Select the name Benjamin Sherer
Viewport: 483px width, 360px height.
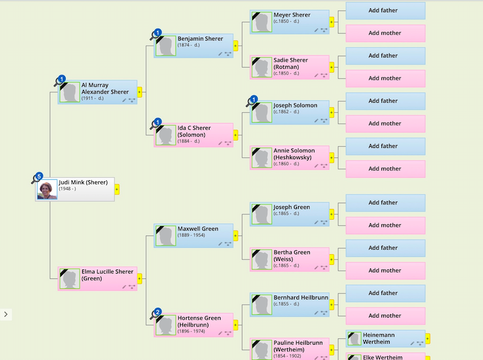tap(200, 39)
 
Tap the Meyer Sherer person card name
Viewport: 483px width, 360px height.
tap(292, 15)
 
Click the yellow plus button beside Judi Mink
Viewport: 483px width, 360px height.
tap(117, 189)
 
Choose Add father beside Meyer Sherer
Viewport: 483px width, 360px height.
tap(385, 11)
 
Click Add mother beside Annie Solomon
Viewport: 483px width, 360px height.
tap(385, 169)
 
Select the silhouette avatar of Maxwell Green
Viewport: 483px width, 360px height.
tap(165, 235)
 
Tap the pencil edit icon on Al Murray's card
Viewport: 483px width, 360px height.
tap(123, 100)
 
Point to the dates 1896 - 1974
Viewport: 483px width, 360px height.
tap(191, 331)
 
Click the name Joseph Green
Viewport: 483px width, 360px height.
tap(292, 207)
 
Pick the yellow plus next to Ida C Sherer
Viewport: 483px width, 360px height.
tap(235, 135)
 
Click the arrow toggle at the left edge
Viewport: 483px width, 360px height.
tap(6, 314)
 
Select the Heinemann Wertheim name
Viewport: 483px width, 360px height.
tap(379, 338)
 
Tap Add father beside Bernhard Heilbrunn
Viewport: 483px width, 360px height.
tap(385, 293)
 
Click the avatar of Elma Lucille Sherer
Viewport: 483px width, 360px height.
tap(69, 279)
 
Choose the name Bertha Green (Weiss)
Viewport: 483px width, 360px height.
tap(292, 255)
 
